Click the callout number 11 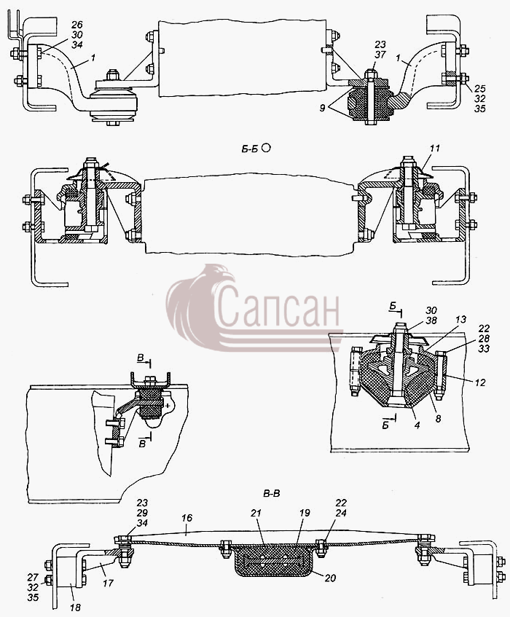[434, 149]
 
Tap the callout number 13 [460, 320]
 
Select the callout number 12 [480, 382]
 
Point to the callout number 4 [417, 425]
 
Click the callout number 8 [439, 419]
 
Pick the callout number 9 [322, 107]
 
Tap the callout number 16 [187, 518]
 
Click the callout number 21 [256, 513]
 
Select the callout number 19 [305, 513]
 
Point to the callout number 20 [331, 578]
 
